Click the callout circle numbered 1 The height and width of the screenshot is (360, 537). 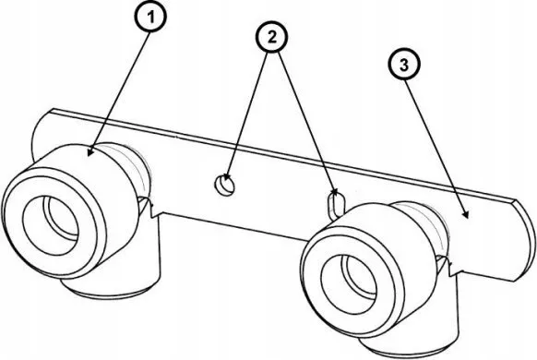(x=151, y=16)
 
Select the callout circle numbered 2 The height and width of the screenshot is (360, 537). (x=272, y=37)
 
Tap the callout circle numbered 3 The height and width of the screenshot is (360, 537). (x=404, y=65)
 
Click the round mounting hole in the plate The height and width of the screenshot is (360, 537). (x=224, y=186)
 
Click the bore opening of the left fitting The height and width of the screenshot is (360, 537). (x=50, y=225)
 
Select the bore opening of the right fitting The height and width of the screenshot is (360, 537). (x=349, y=284)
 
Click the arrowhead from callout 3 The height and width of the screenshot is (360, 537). (x=465, y=214)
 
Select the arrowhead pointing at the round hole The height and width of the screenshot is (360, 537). (x=226, y=179)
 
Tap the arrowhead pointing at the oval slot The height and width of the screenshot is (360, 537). (x=336, y=192)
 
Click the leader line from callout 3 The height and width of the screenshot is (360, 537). (x=436, y=147)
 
